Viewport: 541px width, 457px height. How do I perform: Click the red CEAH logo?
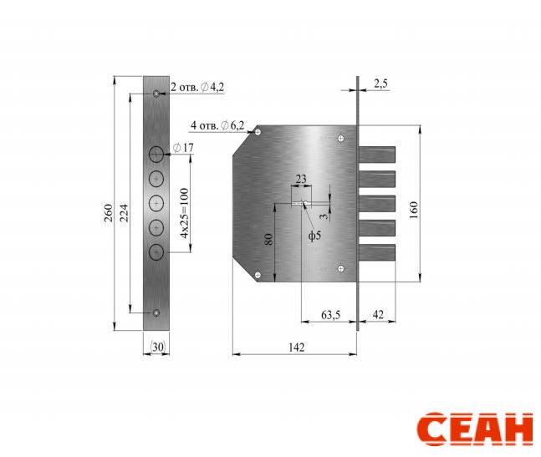click(475, 429)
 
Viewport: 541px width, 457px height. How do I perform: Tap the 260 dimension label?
click(109, 213)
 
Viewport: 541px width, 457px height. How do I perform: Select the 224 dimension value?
click(125, 213)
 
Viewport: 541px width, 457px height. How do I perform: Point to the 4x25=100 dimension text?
click(185, 213)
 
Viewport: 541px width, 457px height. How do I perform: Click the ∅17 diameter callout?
click(183, 148)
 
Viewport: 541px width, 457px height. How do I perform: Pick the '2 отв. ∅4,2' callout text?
click(197, 87)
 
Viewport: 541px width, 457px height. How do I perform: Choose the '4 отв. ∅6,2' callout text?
click(217, 125)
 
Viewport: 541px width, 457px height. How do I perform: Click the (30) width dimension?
click(158, 347)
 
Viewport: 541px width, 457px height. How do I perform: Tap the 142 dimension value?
click(296, 347)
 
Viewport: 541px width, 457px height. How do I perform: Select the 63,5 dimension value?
click(330, 315)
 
